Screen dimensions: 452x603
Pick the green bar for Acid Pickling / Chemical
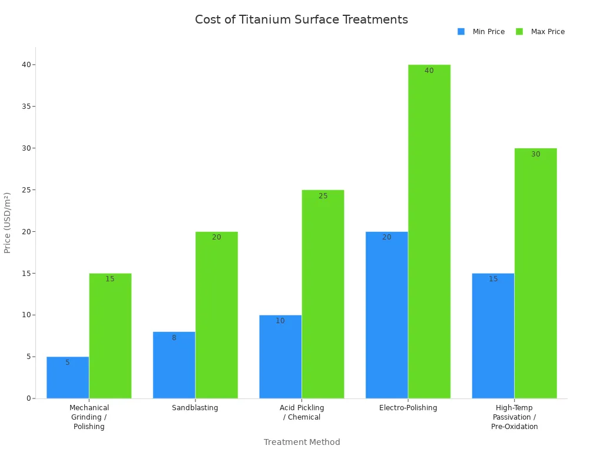pos(323,294)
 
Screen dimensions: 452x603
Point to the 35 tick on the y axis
pos(26,107)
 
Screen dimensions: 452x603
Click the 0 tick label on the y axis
pos(28,398)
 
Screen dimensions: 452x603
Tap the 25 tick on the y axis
pos(26,190)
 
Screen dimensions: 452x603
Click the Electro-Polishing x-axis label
pos(408,408)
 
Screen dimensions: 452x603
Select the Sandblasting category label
pos(195,408)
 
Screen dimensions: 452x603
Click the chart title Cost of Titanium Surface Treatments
pos(301,19)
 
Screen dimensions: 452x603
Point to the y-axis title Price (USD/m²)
pos(8,222)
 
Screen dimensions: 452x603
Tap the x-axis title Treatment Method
pos(301,442)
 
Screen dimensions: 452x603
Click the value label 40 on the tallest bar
pos(429,71)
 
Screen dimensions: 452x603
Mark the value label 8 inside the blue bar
pos(174,338)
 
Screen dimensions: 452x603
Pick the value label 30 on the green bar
pos(535,154)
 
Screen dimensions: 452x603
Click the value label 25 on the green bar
pos(323,196)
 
